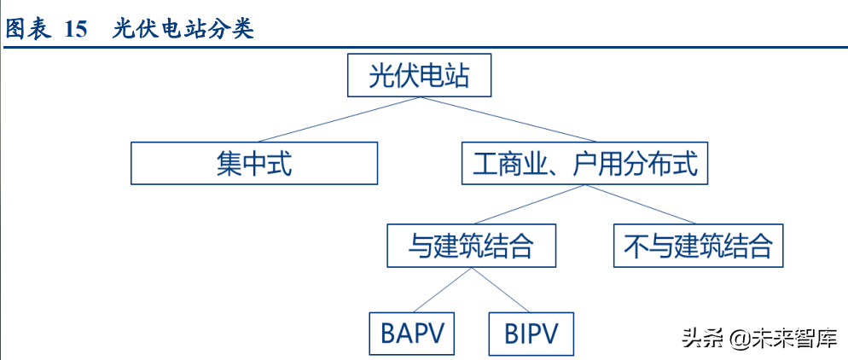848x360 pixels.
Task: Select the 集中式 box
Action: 254,163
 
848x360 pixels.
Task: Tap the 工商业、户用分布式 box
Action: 585,163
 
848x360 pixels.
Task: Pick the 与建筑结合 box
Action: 471,246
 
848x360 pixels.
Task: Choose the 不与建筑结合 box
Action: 698,246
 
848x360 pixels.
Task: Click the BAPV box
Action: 412,333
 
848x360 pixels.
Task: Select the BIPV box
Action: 531,333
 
